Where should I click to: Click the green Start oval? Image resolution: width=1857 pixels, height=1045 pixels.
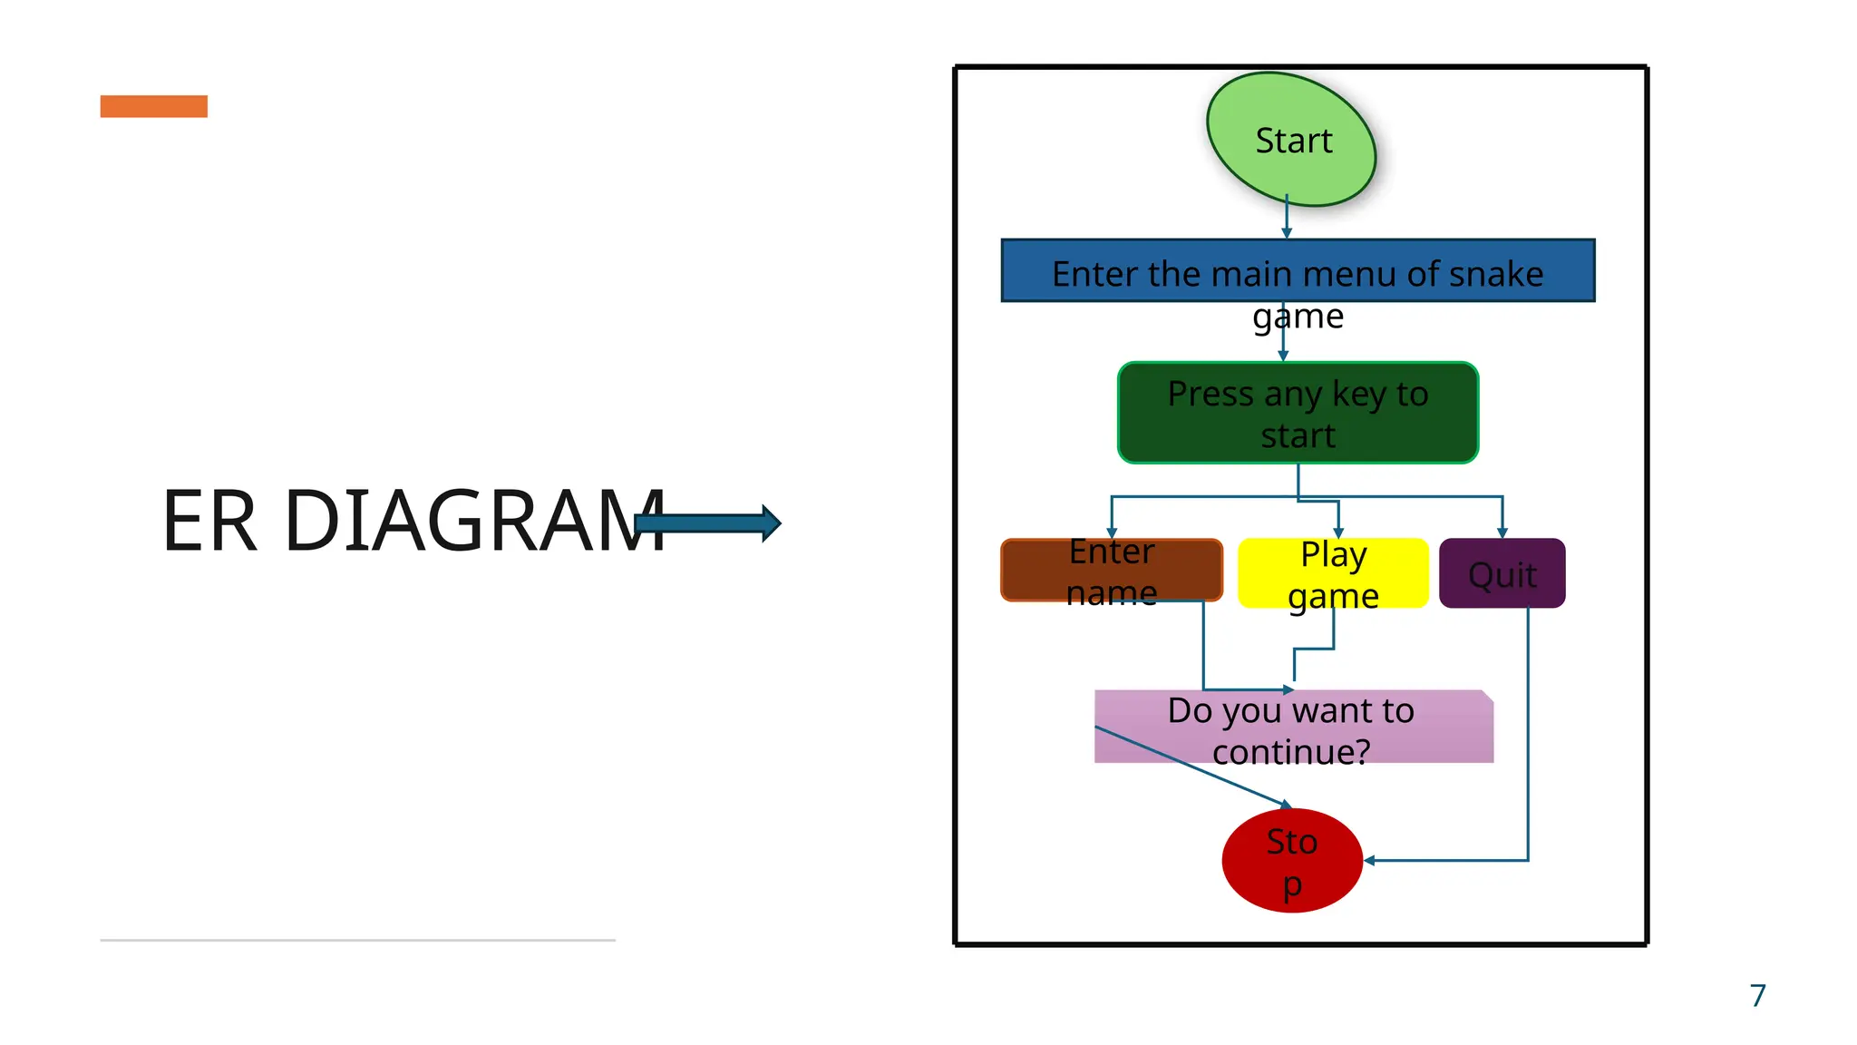pos(1291,140)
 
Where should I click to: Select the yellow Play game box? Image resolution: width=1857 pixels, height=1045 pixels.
pos(1333,573)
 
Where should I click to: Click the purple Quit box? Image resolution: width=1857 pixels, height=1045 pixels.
pos(1502,573)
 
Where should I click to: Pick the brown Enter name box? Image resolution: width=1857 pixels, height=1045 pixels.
pos(1112,571)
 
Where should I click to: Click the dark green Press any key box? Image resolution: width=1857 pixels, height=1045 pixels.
pos(1298,414)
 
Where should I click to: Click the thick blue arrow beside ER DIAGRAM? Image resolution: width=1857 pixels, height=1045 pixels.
pos(708,523)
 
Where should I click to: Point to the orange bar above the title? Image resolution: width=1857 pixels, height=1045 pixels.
pos(153,106)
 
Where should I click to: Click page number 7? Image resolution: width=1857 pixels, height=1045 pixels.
pos(1757,995)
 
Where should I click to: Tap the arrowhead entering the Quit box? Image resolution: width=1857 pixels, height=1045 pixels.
pos(1502,532)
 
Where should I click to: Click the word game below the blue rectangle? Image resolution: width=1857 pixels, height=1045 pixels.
pos(1298,317)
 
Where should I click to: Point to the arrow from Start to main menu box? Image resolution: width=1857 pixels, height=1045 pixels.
pos(1287,218)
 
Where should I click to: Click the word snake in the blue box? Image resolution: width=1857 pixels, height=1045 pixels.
pos(1496,274)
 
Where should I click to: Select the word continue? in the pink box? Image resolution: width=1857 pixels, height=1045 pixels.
pos(1291,752)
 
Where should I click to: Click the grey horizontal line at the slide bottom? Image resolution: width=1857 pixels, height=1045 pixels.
pos(357,940)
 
